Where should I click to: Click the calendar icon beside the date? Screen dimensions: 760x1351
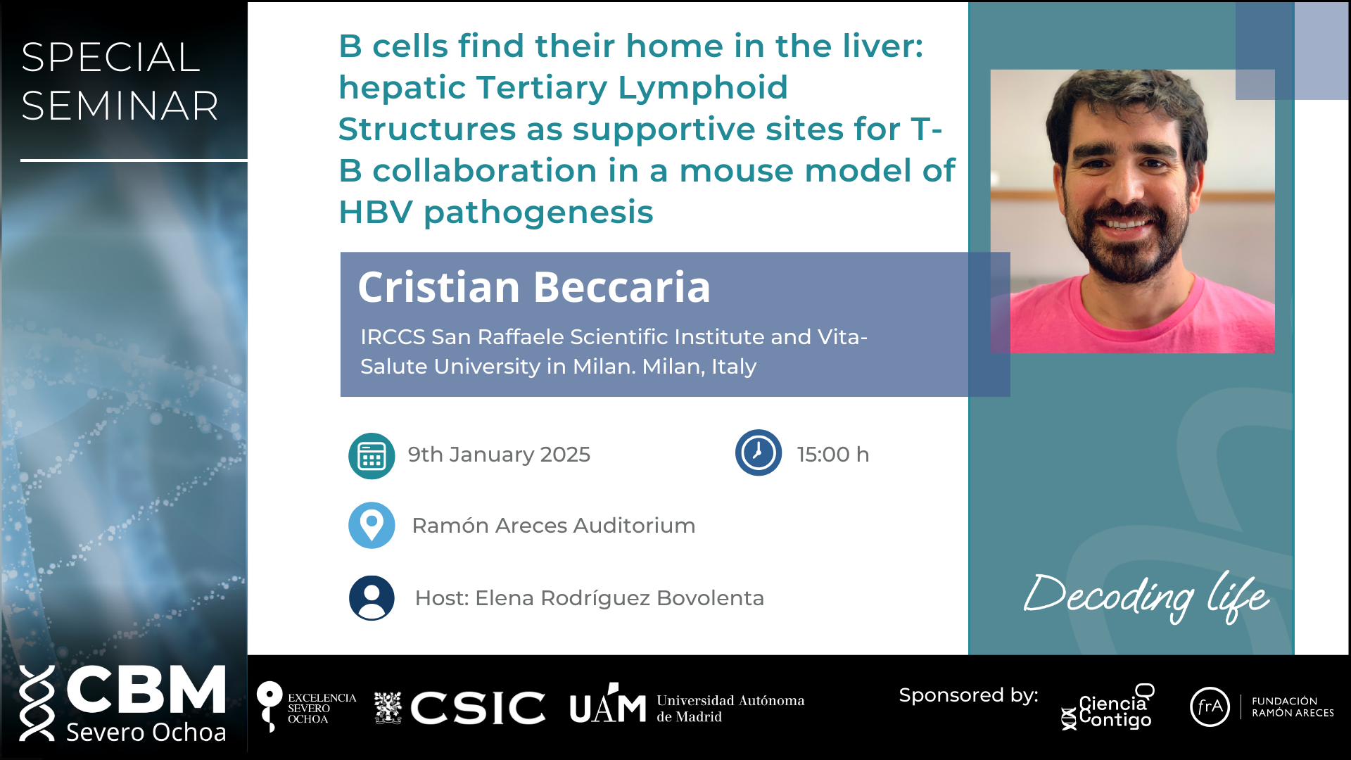372,456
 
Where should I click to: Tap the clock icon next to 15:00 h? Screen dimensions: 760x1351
758,452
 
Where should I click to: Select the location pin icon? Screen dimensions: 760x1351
372,525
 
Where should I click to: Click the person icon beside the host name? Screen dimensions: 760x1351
372,598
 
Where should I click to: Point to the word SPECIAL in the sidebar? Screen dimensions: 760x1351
110,57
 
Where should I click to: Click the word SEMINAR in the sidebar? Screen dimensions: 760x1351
120,106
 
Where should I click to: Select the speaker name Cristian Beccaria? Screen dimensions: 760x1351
534,287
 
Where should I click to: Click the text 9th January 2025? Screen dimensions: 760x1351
499,455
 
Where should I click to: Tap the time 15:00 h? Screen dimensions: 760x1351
833,455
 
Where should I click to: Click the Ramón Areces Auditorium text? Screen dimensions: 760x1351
554,526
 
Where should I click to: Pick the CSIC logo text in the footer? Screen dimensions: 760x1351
478,707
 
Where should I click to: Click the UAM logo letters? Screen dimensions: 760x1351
608,706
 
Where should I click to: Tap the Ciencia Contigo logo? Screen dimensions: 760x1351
1109,708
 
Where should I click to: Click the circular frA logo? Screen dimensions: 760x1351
1210,707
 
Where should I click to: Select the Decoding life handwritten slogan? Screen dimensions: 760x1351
1146,596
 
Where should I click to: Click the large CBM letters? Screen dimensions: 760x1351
146,690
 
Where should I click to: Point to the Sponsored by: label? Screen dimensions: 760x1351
968,695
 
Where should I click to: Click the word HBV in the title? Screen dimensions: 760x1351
376,213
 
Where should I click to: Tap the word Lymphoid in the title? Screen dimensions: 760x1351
702,88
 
